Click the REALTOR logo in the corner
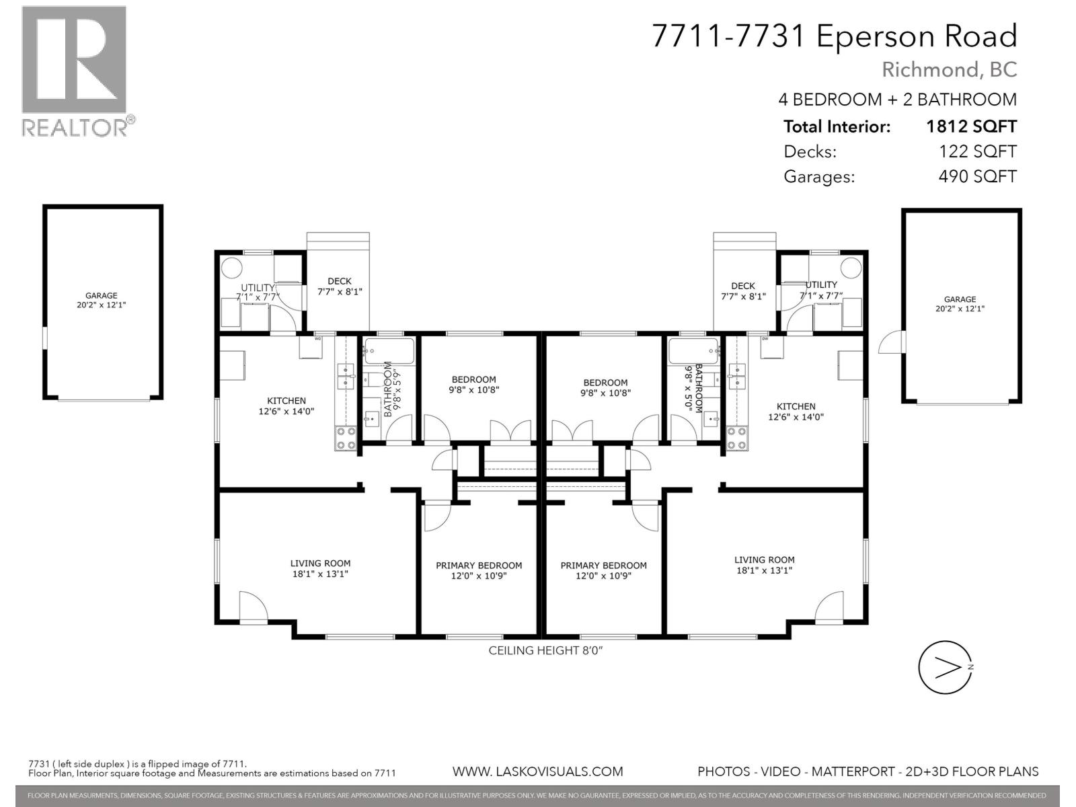(74, 71)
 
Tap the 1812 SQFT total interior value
(970, 126)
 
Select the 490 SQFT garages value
(977, 177)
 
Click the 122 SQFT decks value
(977, 152)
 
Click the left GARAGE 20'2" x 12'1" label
(102, 300)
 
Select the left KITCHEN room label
(286, 406)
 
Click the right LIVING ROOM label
(764, 565)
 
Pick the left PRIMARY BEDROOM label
(479, 570)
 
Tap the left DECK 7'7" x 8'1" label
(340, 286)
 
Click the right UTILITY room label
(821, 290)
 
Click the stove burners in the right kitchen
(736, 438)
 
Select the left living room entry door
(254, 607)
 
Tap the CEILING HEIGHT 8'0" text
(542, 650)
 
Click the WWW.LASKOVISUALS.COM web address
(537, 771)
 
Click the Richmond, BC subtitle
(949, 69)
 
